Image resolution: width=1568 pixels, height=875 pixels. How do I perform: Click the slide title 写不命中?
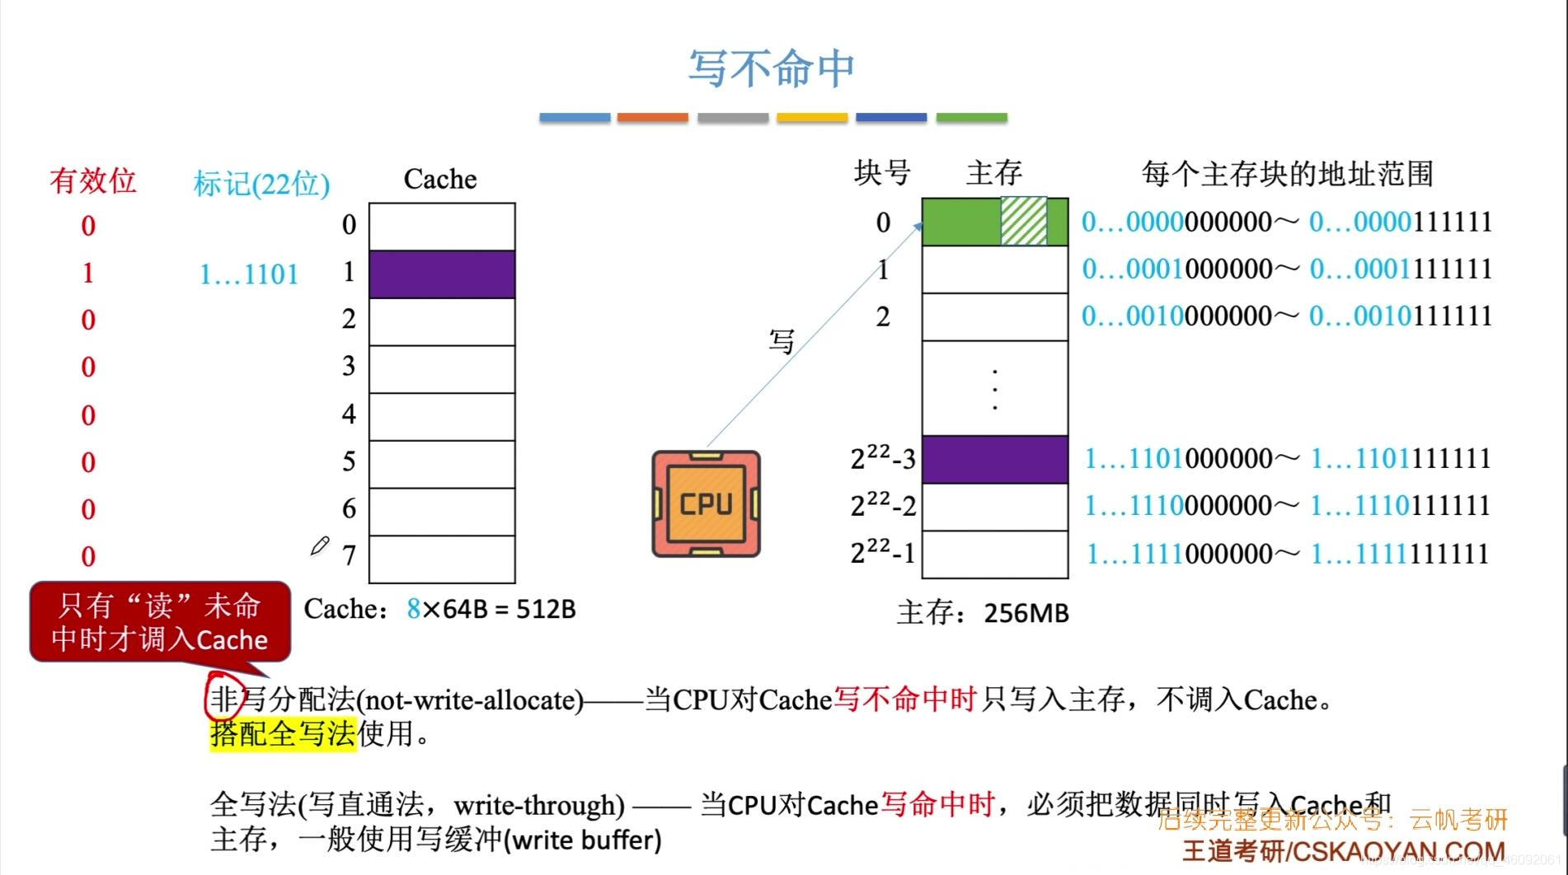772,68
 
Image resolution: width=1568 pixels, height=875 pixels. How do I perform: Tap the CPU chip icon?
706,503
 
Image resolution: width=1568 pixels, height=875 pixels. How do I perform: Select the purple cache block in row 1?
442,274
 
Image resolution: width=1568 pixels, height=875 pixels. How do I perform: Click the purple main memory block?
994,459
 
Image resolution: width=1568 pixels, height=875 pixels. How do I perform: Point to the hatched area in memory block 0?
1024,221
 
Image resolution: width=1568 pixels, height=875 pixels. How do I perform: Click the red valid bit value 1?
88,273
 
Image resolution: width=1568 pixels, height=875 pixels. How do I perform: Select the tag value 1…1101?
249,274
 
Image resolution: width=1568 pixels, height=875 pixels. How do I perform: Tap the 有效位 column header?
92,180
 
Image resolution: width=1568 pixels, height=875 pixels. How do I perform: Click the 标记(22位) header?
261,183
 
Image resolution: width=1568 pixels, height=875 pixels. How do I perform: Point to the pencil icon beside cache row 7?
320,546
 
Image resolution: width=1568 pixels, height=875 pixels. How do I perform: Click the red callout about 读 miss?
160,623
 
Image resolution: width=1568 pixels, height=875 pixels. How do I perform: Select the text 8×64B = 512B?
491,609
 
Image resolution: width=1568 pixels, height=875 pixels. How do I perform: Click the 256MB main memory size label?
1026,613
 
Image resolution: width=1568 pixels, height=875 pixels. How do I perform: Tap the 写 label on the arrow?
782,340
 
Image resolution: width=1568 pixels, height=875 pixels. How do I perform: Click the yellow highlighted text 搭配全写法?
283,732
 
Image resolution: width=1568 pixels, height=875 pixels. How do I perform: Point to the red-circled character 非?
223,700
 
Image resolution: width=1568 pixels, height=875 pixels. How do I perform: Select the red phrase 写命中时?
937,803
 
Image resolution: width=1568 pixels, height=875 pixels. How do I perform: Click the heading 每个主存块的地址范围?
1287,174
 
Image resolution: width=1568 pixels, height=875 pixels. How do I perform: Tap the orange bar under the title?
652,118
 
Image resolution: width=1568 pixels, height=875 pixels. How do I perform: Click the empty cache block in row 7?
442,559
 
